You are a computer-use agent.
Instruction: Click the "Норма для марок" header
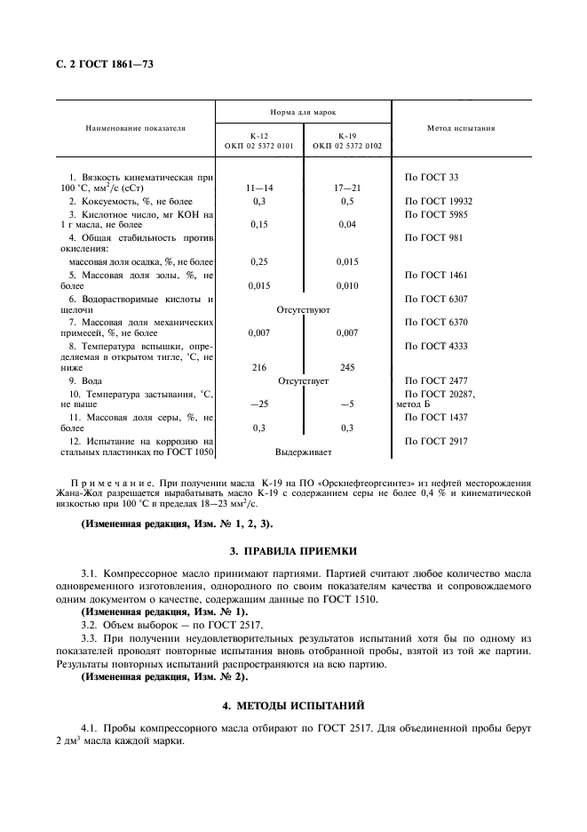(303, 113)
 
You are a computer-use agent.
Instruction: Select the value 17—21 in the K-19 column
(347, 189)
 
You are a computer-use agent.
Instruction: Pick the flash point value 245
(347, 366)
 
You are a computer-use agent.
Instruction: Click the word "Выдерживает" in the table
(303, 452)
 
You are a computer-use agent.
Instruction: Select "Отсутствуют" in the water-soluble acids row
(303, 310)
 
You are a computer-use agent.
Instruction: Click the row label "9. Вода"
(86, 380)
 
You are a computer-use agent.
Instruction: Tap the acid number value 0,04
(347, 225)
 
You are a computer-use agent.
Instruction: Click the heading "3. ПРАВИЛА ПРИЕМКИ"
(293, 551)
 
